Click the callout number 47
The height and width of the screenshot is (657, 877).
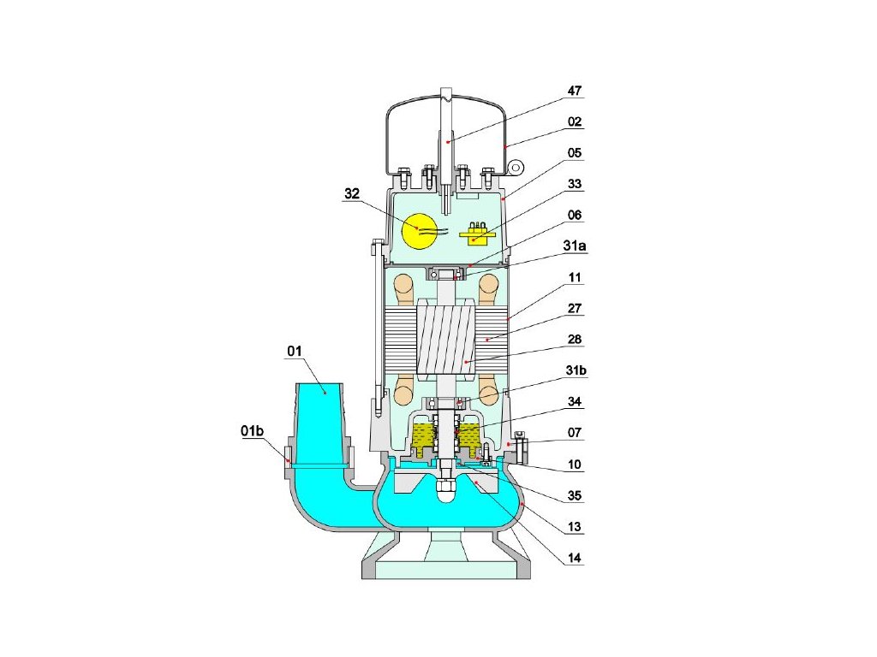574,90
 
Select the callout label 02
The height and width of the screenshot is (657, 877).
574,121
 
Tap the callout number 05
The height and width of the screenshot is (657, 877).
574,152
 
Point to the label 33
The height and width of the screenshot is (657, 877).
574,183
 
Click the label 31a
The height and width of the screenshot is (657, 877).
574,246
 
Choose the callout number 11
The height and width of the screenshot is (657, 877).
574,277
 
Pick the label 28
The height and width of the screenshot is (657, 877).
574,339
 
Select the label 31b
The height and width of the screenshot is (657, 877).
574,371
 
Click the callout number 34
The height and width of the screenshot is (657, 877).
574,402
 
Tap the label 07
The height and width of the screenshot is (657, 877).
574,433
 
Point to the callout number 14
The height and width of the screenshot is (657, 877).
574,558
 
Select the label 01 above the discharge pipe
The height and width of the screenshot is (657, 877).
295,350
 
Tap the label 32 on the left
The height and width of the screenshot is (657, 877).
352,194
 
